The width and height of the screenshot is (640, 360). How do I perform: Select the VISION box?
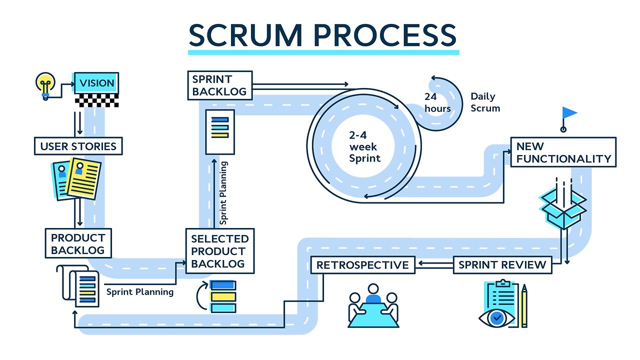[x=97, y=83]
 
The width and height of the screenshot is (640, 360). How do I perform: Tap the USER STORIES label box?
[x=78, y=146]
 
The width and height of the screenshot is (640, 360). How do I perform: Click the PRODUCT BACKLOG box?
[x=78, y=243]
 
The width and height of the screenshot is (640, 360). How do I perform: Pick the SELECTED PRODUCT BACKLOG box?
[x=219, y=251]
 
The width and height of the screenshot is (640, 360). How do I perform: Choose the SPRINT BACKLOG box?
[x=219, y=85]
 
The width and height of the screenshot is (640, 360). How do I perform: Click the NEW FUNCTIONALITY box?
[x=563, y=152]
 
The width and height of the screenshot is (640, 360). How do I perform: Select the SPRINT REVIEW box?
[x=502, y=264]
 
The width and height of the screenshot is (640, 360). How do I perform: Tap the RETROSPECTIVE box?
[x=362, y=264]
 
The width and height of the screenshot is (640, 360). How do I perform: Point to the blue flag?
[x=568, y=114]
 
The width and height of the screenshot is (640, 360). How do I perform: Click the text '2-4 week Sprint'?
[x=364, y=147]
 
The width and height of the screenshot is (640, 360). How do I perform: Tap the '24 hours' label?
[x=437, y=102]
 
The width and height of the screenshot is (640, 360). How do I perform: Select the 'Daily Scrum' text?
[x=485, y=102]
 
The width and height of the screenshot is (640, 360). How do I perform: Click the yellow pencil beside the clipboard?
[x=524, y=306]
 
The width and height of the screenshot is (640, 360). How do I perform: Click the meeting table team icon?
[x=373, y=306]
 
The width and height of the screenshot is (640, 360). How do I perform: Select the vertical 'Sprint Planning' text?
[x=223, y=192]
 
